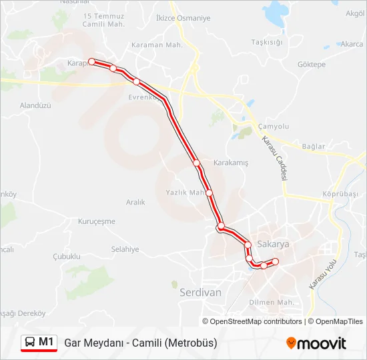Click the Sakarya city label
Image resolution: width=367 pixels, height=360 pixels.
coord(272,245)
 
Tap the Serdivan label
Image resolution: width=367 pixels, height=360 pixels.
coord(200,291)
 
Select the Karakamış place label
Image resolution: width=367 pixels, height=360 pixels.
coord(230,163)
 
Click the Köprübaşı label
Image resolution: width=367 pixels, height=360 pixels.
coord(340,193)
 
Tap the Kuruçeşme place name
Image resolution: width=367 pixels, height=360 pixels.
coord(97,221)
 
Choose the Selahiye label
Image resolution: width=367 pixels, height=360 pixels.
coord(125,249)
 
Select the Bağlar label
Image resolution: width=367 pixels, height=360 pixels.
coord(313,147)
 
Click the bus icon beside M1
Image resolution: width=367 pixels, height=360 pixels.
coord(30,343)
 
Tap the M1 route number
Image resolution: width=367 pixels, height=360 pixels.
coord(46,342)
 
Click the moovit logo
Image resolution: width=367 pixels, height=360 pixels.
coord(316,343)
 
